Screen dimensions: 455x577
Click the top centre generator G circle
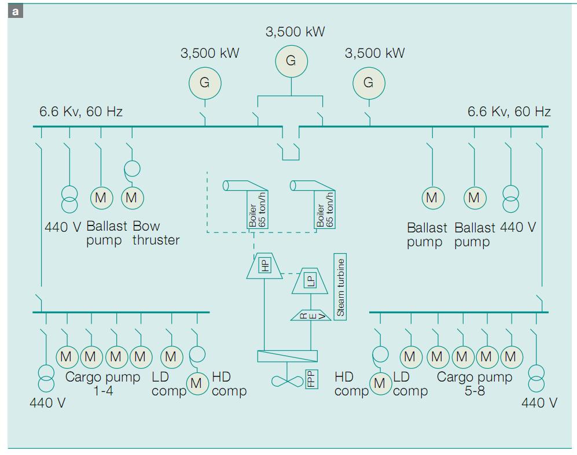[x=291, y=61]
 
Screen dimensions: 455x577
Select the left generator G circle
[x=205, y=83]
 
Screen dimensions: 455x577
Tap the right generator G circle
[x=369, y=83]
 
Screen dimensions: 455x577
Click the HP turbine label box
[x=265, y=265]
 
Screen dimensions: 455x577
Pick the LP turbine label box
[x=311, y=280]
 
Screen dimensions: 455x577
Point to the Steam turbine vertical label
[x=340, y=287]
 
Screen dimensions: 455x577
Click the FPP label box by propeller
[x=311, y=379]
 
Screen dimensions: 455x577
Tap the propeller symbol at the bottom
[x=287, y=380]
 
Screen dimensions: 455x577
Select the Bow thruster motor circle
[x=132, y=198]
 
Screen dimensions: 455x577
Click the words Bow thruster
[x=155, y=233]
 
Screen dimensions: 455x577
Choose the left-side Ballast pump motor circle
[x=101, y=198]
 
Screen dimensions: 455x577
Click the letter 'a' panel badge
[x=15, y=11]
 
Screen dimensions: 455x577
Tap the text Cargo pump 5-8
[x=475, y=384]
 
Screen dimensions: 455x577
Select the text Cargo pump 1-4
[x=103, y=384]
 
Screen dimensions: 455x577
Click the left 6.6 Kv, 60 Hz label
[x=81, y=111]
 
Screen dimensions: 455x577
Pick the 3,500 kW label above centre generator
[x=295, y=32]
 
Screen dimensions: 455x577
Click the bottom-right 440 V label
[x=539, y=402]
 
